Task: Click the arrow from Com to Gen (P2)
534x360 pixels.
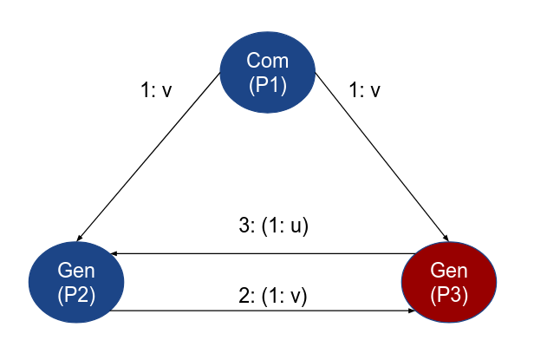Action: coord(147,156)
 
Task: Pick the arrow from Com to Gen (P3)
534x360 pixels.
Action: coord(381,156)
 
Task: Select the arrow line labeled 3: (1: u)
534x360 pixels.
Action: coord(260,253)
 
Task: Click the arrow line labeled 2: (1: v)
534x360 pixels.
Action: coord(260,311)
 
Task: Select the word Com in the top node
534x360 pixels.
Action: coord(267,61)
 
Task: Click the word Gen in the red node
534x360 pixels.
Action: coord(449,271)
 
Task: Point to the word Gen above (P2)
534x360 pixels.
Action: coord(76,271)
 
